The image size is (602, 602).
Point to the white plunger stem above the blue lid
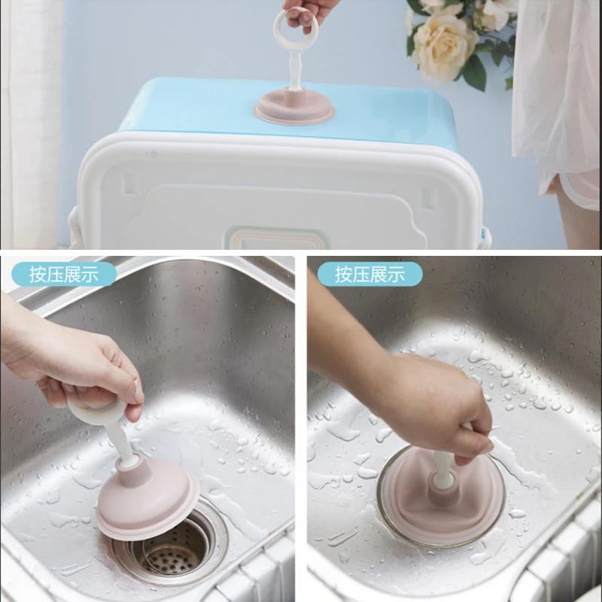(294, 71)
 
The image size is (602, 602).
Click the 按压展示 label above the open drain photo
(64, 274)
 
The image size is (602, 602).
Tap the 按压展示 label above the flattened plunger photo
(369, 274)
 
